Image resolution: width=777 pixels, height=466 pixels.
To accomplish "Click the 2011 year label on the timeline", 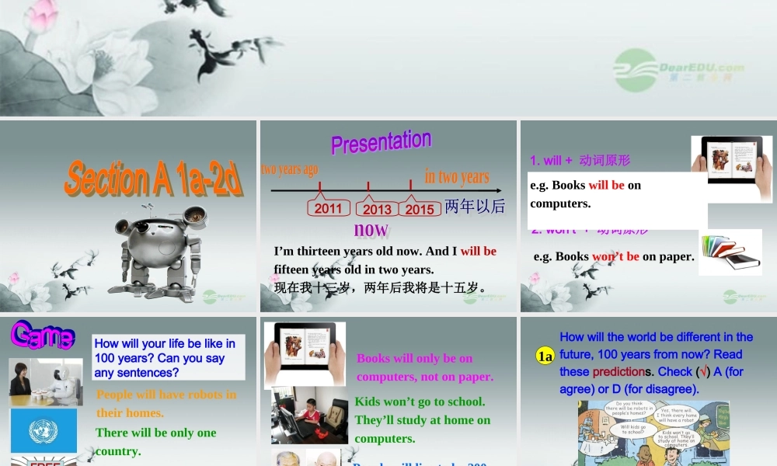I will pos(328,208).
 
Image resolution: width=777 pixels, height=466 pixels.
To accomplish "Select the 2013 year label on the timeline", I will pos(378,209).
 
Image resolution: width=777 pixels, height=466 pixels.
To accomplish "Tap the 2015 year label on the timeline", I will pos(420,209).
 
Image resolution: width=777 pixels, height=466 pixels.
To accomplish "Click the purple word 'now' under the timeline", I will pos(371,229).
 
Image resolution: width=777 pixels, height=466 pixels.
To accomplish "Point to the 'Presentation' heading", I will pos(381,141).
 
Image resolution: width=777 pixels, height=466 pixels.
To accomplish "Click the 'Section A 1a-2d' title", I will pos(153,178).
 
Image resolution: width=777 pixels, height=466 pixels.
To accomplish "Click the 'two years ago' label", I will pos(290,169).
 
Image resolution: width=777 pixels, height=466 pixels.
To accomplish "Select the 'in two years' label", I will pos(457,177).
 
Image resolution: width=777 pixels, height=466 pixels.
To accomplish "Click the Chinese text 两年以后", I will pos(475,207).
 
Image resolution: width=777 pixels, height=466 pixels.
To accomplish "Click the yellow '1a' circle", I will pos(545,356).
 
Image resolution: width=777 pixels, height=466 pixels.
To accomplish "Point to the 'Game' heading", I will pos(43,336).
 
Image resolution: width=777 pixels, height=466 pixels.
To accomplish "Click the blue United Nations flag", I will pos(44,430).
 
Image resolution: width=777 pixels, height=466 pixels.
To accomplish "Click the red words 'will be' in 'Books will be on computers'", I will pos(606,185).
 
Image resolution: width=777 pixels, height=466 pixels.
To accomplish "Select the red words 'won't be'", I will pos(615,256).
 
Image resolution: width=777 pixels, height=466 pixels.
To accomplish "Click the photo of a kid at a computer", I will pos(309,415).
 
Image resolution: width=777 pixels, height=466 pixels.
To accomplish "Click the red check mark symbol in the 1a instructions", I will pos(703,371).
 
